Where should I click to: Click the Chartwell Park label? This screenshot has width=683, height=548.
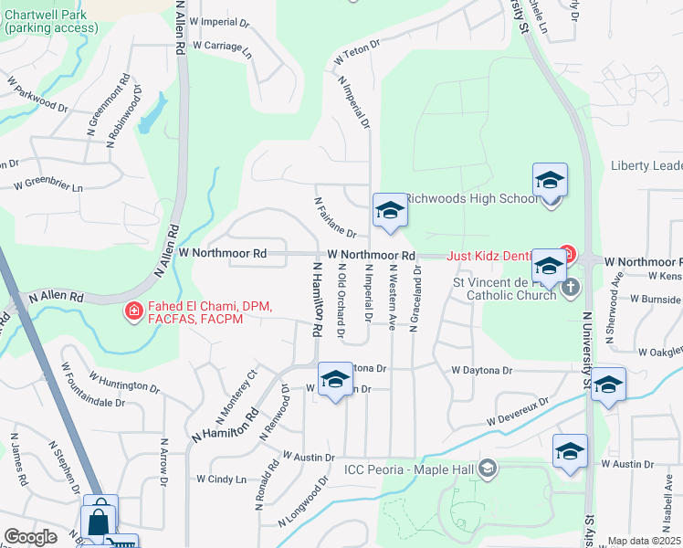point(51,21)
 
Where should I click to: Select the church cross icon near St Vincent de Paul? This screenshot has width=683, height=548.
point(570,289)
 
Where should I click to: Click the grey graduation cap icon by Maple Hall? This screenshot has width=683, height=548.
point(489,469)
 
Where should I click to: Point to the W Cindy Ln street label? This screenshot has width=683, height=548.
point(222,479)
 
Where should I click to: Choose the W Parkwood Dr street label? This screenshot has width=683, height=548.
point(37,94)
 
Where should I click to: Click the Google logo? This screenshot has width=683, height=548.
point(30,537)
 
